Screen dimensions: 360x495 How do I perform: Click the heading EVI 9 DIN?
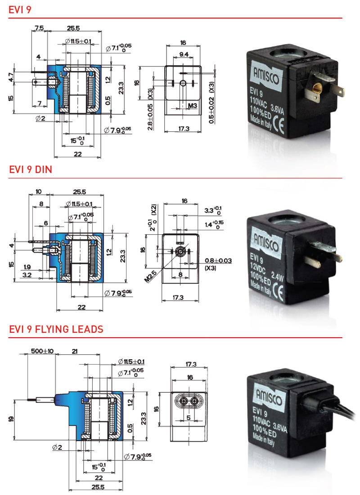point(30,169)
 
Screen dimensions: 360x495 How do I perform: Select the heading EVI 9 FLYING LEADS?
point(56,329)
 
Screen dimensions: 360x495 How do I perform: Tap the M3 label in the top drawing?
point(193,106)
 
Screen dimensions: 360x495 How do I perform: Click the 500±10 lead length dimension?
point(42,351)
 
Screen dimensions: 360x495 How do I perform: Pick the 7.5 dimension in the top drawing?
point(39,28)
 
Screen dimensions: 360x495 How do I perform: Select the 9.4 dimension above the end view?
point(184,54)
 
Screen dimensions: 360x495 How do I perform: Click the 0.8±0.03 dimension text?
point(218,260)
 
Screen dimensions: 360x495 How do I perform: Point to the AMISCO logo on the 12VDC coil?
point(266,243)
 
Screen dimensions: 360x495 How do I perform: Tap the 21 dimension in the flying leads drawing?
point(75,351)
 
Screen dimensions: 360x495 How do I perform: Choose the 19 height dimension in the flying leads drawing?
point(11,419)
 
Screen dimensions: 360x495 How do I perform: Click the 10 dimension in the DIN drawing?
point(38,192)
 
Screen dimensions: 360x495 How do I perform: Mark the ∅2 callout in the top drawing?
point(40,118)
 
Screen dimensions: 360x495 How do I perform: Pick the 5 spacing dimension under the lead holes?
point(189,418)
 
